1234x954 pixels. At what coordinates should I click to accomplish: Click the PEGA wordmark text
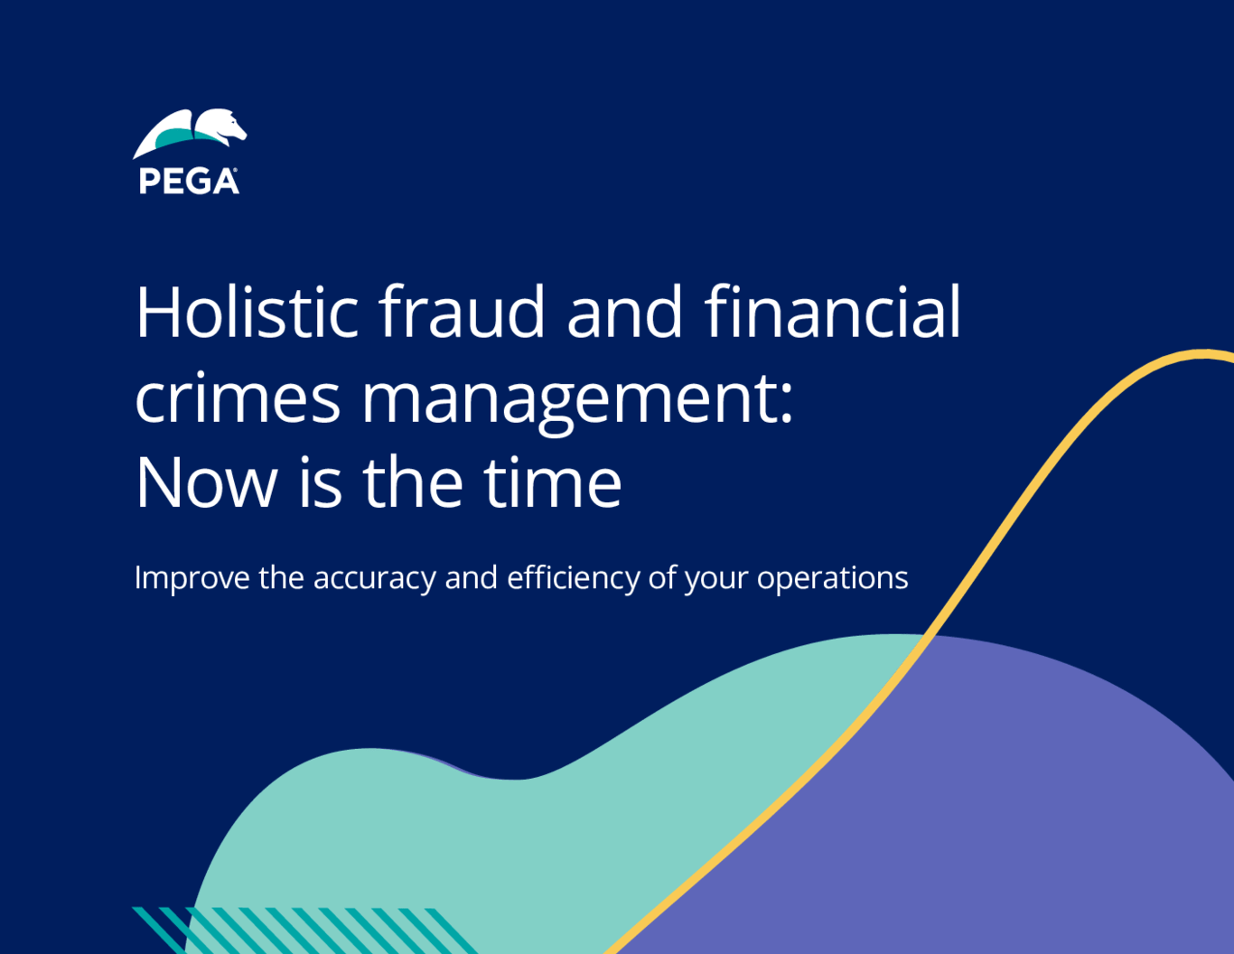[188, 182]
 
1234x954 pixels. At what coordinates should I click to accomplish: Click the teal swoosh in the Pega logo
[175, 137]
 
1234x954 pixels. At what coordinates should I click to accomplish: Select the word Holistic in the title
[247, 312]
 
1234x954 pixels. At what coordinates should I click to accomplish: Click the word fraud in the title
[461, 312]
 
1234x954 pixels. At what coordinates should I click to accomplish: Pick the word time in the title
[553, 482]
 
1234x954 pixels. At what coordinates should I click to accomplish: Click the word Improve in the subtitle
[192, 579]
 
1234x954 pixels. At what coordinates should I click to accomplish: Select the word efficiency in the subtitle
[574, 579]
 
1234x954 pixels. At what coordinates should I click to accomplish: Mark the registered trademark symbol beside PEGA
[235, 169]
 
